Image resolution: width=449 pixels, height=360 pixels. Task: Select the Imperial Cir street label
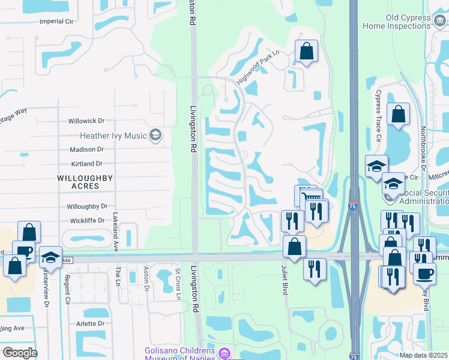click(56, 21)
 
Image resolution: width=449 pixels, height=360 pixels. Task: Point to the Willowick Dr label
click(86, 121)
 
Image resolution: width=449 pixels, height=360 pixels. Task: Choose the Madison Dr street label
click(86, 149)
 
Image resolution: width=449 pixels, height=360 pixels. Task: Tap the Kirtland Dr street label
click(86, 163)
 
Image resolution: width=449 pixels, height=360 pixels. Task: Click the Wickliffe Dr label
click(86, 221)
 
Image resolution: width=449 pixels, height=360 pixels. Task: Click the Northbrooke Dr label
click(423, 147)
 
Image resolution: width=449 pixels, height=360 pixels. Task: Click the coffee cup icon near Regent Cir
click(23, 251)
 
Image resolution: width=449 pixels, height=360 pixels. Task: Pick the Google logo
click(20, 352)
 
